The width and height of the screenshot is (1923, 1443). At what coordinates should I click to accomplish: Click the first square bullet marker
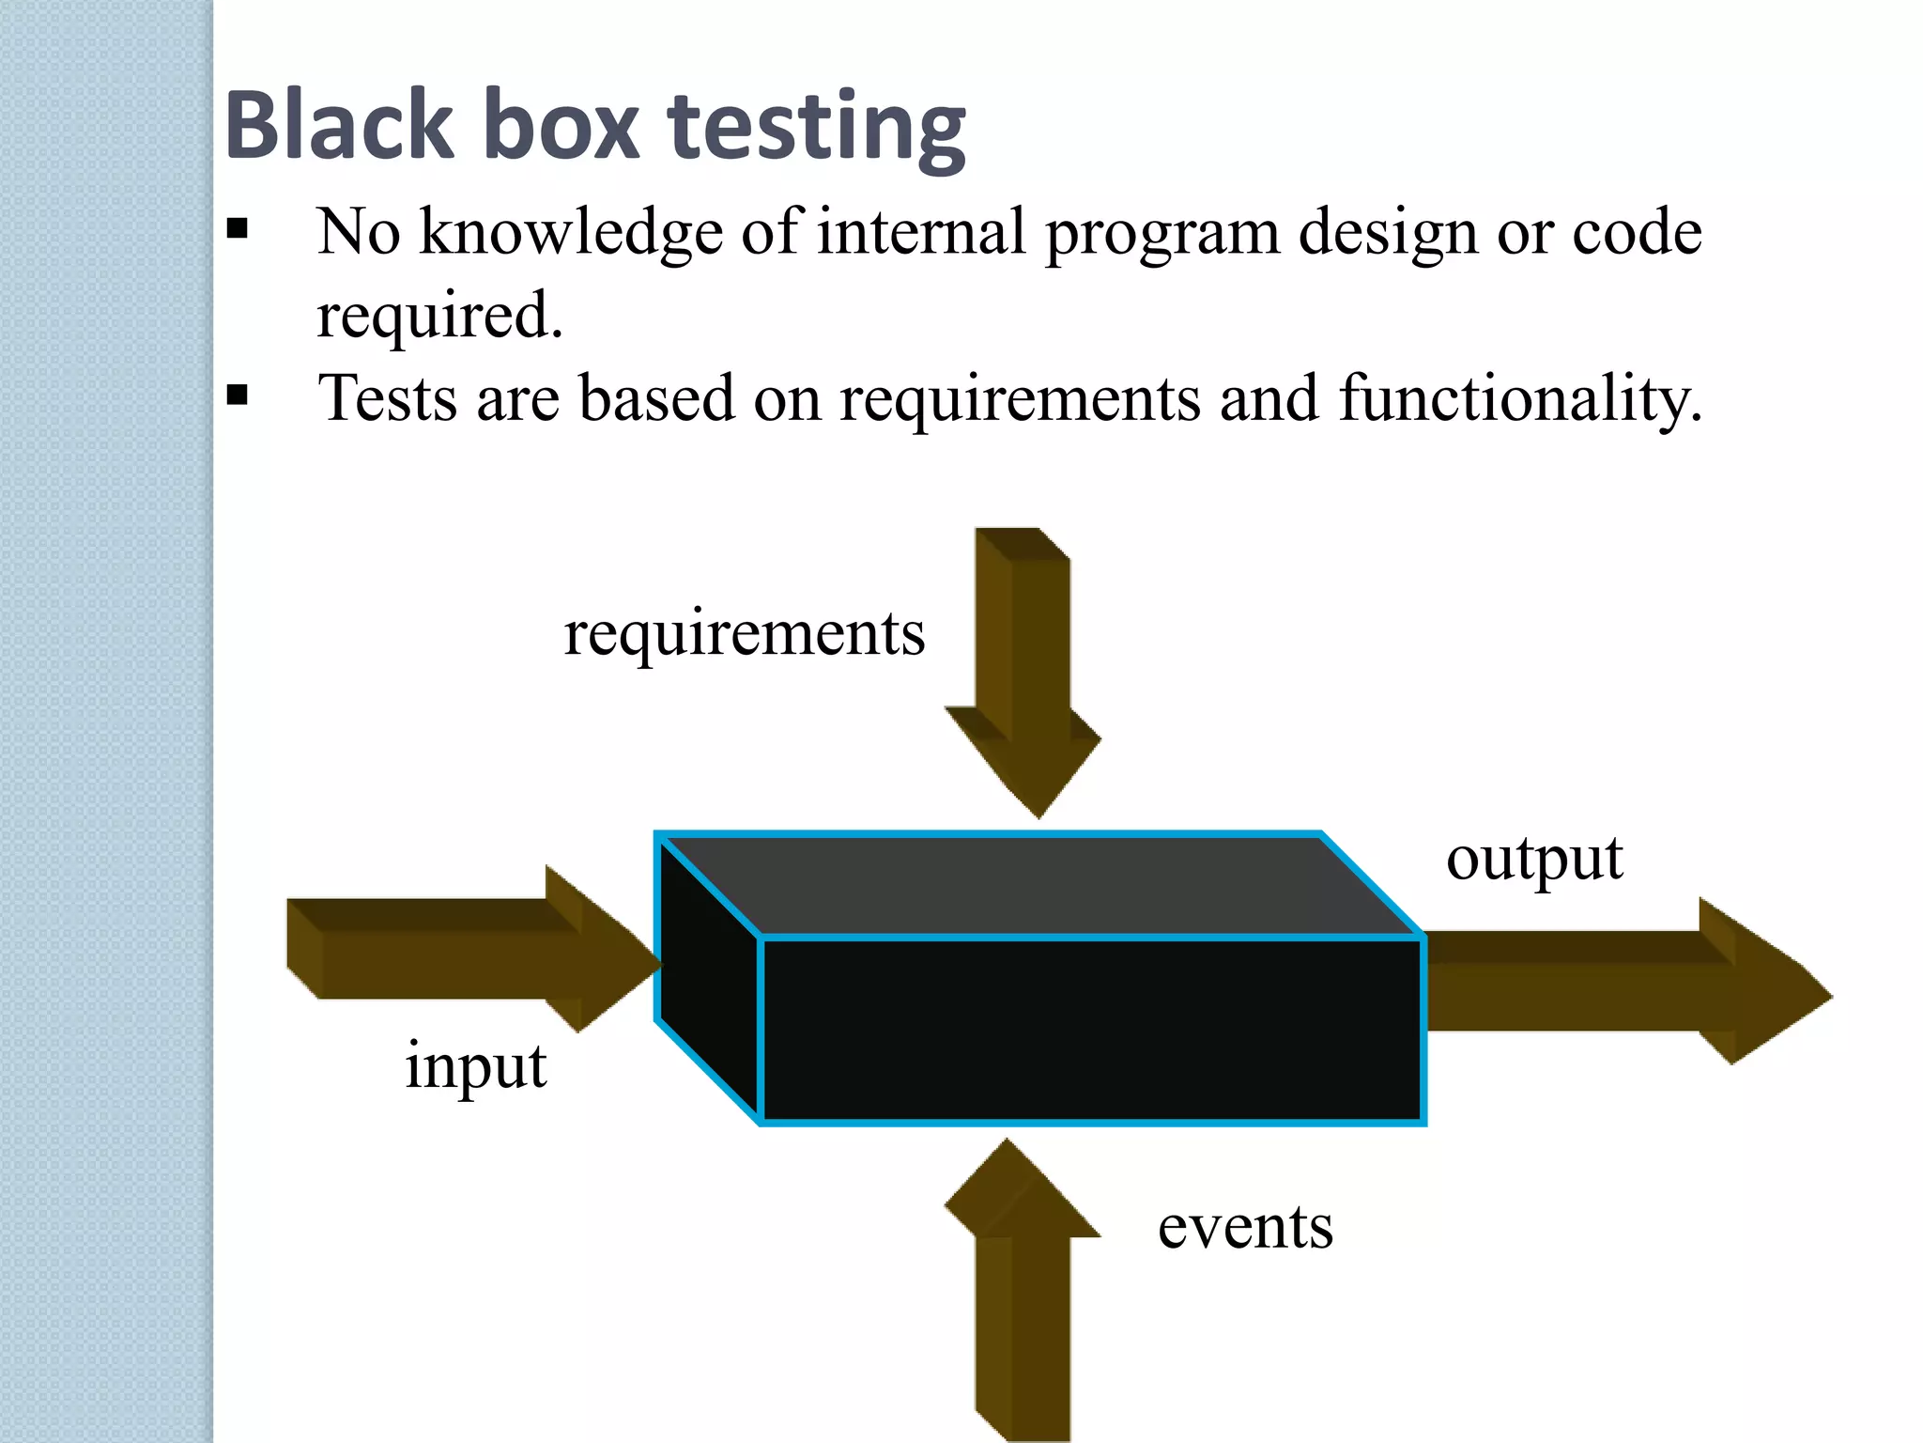tap(238, 228)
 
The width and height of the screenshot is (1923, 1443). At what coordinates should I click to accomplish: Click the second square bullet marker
tap(238, 395)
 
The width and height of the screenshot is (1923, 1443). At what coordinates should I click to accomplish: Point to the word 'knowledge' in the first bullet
tap(571, 232)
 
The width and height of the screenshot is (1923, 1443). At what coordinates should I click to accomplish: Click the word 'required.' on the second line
tap(439, 316)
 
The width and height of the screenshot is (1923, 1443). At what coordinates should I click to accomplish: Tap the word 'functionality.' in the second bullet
tap(1519, 398)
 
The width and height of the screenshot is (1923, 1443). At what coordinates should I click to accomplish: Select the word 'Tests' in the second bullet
tap(387, 398)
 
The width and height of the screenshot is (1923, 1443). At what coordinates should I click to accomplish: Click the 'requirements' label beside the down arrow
tap(744, 634)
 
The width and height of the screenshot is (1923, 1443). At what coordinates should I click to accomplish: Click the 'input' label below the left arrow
tap(475, 1068)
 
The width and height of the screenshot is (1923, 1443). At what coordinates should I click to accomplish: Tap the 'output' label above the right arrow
tap(1534, 859)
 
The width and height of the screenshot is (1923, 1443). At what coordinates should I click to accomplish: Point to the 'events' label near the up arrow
tap(1245, 1227)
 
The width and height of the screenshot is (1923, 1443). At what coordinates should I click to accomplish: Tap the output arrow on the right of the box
tap(1615, 983)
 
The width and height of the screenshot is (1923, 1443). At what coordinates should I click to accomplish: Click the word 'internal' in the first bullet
tap(920, 232)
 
